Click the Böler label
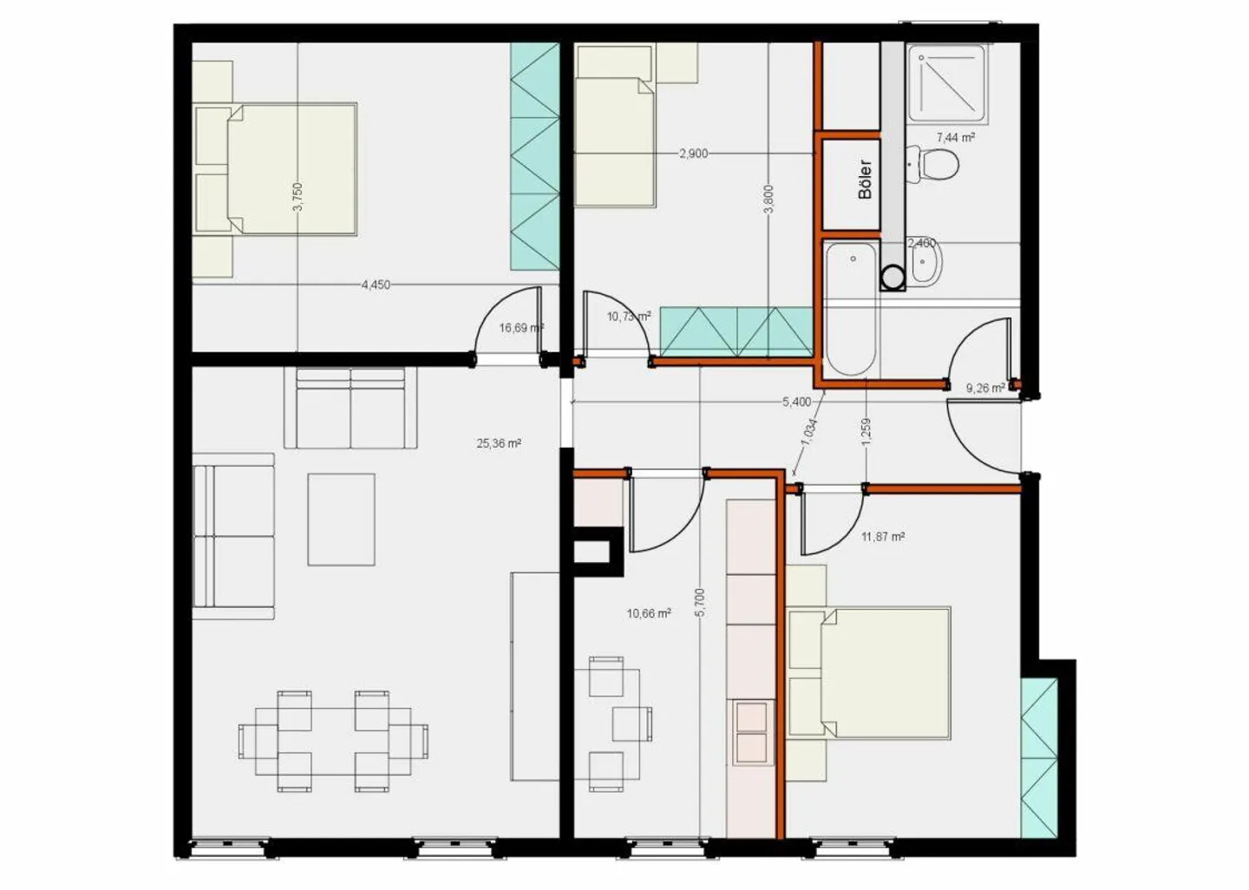(x=865, y=180)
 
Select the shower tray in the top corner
(x=947, y=81)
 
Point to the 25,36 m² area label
(x=499, y=443)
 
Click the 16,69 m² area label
(x=520, y=328)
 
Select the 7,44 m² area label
(x=956, y=137)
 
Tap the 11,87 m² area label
(x=883, y=537)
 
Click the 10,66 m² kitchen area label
(x=649, y=613)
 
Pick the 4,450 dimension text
(x=376, y=285)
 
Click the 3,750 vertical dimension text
(x=298, y=197)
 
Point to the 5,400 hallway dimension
(x=796, y=402)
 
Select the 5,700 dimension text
(x=700, y=602)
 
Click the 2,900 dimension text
(x=693, y=154)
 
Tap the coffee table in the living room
(x=341, y=520)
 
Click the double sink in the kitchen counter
(x=751, y=732)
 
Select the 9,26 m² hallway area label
(x=985, y=388)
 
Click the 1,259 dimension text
(x=866, y=433)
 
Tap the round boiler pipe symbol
(x=893, y=278)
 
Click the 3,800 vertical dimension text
(x=768, y=199)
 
